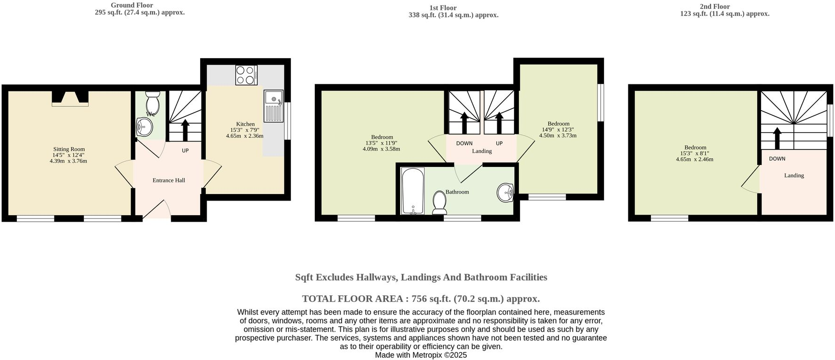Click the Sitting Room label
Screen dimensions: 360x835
click(x=69, y=149)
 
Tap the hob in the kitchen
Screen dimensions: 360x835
click(x=246, y=75)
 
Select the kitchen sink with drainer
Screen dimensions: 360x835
click(x=273, y=106)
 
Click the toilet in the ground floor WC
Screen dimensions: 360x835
click(x=153, y=102)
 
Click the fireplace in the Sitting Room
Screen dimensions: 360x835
click(x=70, y=98)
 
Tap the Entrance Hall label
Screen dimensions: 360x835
click(x=169, y=180)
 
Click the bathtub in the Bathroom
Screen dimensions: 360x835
click(x=413, y=191)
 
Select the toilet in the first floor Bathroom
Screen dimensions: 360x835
click(x=440, y=202)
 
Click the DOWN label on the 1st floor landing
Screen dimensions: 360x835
click(x=464, y=143)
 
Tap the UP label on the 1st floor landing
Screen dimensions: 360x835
click(x=499, y=143)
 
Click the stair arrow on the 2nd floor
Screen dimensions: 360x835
click(x=777, y=138)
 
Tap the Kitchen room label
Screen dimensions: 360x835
click(x=246, y=124)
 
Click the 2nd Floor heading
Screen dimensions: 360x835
click(x=715, y=7)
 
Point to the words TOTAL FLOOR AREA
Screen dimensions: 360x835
click(x=352, y=299)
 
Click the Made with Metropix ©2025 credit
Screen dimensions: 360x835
click(x=421, y=355)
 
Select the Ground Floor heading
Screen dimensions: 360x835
click(x=132, y=5)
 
